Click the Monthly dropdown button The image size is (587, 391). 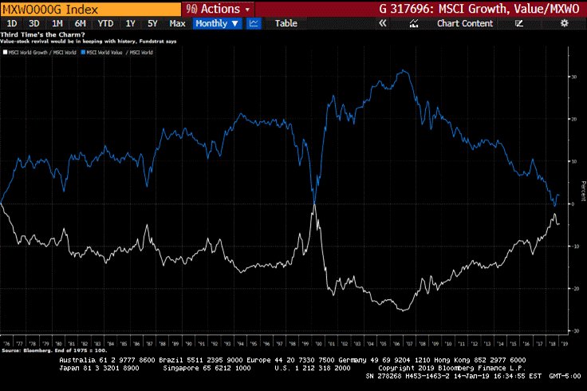point(217,23)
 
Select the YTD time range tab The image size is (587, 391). point(105,23)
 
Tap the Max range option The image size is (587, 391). point(177,23)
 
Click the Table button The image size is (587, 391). point(286,23)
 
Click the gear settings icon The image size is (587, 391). point(565,23)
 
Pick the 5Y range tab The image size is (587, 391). point(152,23)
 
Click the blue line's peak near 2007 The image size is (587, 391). point(407,72)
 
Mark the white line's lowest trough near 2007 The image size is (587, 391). point(405,310)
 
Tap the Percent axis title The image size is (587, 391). point(582,192)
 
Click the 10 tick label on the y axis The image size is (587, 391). point(573,161)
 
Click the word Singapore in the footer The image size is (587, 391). point(185,368)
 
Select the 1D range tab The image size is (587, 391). point(12,23)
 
